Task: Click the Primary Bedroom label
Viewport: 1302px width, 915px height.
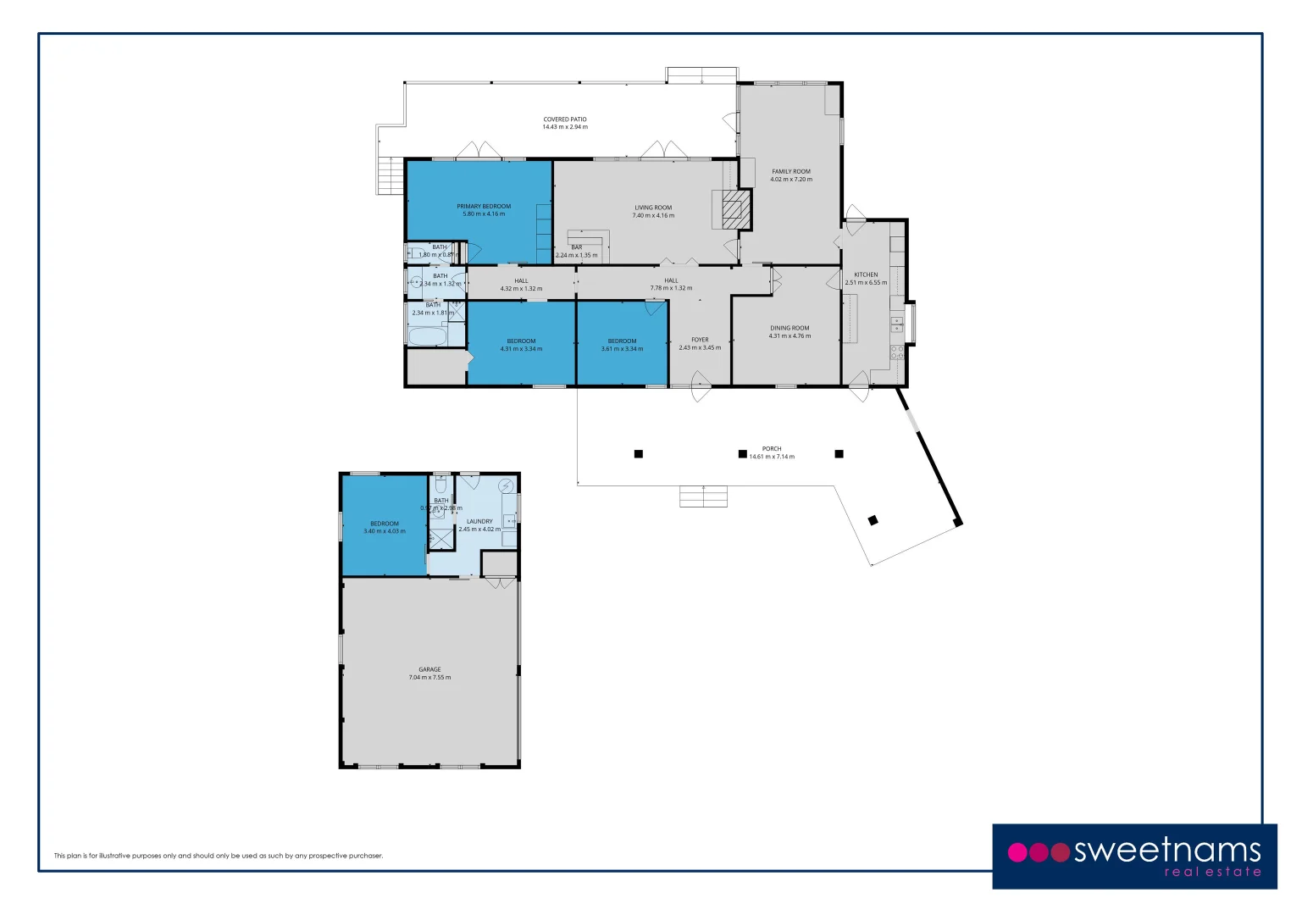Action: point(484,207)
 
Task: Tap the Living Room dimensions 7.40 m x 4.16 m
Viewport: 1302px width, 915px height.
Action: point(653,216)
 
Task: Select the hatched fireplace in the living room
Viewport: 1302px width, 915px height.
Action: point(732,209)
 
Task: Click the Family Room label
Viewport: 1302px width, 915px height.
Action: point(791,172)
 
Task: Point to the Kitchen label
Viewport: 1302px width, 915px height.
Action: point(866,275)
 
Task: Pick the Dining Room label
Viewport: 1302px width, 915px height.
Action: point(790,329)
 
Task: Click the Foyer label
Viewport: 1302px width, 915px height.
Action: point(700,340)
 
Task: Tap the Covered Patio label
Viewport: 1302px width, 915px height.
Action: point(565,120)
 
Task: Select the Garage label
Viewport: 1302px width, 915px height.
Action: point(429,669)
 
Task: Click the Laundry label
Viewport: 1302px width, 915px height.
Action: point(479,522)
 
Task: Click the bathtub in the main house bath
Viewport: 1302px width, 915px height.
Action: point(427,338)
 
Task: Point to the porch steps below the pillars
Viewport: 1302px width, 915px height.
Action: point(703,496)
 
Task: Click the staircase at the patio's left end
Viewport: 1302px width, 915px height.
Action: point(390,176)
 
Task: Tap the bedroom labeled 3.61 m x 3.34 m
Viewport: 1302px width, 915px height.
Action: point(622,345)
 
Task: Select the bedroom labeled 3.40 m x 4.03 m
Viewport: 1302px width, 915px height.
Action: point(385,527)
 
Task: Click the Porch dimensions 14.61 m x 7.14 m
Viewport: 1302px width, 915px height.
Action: point(772,457)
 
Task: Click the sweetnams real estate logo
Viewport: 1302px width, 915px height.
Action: point(1134,856)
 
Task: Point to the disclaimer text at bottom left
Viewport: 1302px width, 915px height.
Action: point(219,856)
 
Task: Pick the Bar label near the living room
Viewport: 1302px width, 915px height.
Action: point(576,247)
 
